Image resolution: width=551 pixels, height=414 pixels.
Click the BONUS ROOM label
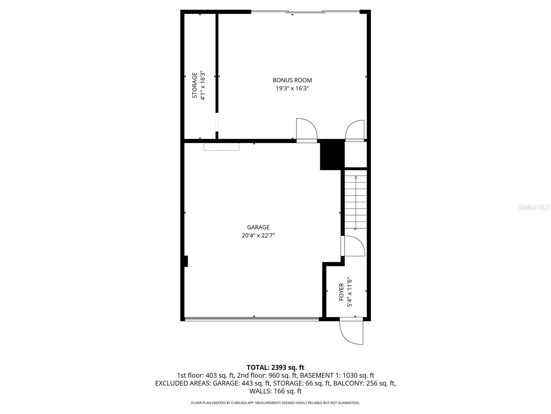point(292,80)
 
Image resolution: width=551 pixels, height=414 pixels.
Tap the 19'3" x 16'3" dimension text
point(292,88)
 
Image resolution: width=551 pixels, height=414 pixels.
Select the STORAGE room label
point(195,85)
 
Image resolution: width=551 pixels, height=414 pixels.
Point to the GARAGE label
point(258,227)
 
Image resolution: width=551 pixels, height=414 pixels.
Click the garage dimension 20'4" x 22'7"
point(258,236)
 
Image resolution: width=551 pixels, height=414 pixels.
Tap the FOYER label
point(341,292)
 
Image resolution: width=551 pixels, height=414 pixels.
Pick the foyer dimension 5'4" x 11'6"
point(350,292)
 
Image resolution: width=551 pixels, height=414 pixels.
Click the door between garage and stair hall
point(353,246)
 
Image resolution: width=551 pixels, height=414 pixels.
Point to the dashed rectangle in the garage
point(221,147)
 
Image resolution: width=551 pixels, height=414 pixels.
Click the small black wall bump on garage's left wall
point(186,261)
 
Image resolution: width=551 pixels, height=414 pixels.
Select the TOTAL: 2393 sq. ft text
point(275,367)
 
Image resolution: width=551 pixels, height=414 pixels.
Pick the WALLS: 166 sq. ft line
point(275,391)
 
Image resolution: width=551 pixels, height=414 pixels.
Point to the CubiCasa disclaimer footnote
point(275,403)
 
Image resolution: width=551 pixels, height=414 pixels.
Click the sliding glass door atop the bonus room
point(305,12)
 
